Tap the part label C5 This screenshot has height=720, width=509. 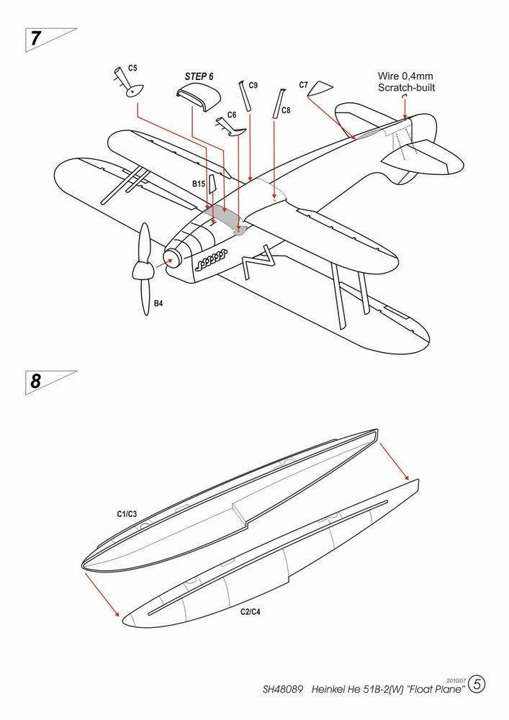coord(132,68)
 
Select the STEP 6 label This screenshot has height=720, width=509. coord(199,76)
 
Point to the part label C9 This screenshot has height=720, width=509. coord(253,85)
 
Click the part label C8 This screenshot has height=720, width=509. coord(286,110)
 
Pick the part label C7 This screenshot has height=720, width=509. coord(303,85)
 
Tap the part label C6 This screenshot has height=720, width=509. coord(231,114)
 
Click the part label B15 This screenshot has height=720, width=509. coord(199,184)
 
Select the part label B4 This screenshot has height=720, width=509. coord(158,303)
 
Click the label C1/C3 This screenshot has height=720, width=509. coord(127,514)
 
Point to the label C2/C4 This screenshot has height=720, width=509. coord(250,611)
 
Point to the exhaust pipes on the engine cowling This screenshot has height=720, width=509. coord(210,258)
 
